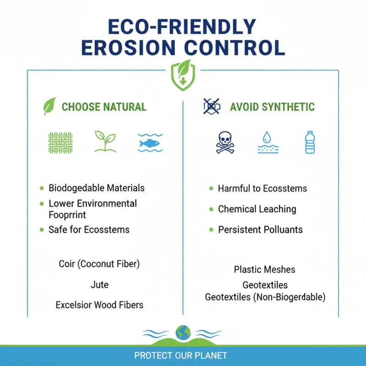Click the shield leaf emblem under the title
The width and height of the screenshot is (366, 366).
[x=183, y=75]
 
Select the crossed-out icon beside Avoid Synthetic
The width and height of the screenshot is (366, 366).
[x=211, y=107]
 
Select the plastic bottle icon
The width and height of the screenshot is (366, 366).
[x=310, y=142]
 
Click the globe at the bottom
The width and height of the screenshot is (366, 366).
[x=183, y=332]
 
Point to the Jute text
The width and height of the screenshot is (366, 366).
[x=100, y=285]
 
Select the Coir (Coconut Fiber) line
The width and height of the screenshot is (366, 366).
[x=99, y=264]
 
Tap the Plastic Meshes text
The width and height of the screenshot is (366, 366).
[x=264, y=269]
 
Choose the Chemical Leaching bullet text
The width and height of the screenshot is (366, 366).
[x=257, y=209]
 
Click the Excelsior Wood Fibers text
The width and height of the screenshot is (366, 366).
[x=99, y=305]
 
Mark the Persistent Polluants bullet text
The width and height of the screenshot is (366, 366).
[x=260, y=229]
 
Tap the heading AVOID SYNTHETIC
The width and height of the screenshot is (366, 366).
[x=272, y=107]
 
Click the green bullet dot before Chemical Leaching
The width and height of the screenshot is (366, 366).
[x=211, y=209]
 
